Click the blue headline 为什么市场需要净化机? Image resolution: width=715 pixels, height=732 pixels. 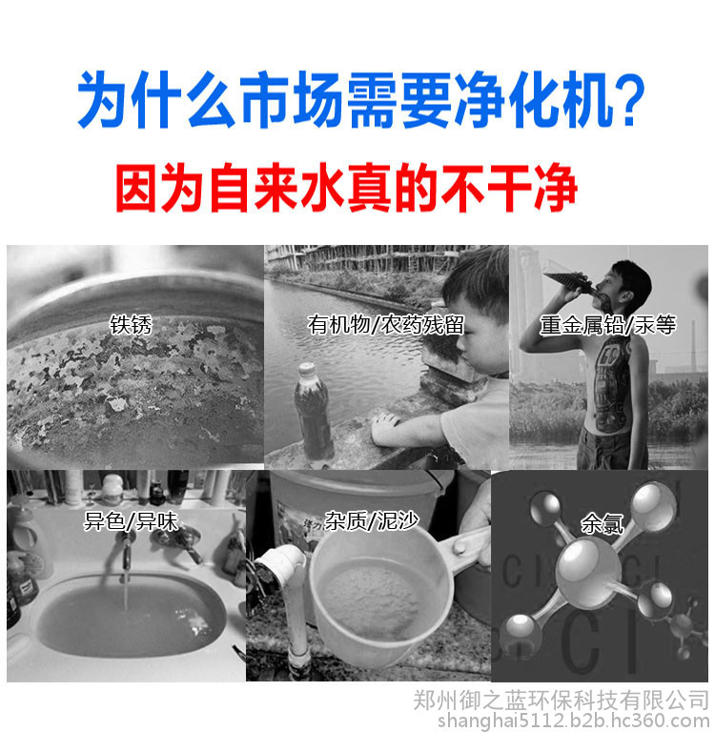click(360, 99)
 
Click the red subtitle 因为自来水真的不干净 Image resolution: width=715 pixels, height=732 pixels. click(346, 188)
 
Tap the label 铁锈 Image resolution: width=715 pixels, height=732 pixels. click(131, 325)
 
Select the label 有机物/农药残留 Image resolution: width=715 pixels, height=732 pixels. click(386, 325)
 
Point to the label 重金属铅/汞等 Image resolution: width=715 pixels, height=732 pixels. click(607, 325)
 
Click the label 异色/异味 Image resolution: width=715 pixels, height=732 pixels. click(131, 521)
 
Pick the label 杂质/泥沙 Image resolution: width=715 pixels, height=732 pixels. click(371, 520)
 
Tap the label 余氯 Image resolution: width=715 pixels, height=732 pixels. click(602, 523)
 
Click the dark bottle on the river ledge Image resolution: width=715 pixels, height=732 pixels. click(313, 412)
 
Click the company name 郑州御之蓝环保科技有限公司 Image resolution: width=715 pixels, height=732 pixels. click(561, 701)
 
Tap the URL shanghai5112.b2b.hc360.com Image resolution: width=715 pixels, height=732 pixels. click(573, 721)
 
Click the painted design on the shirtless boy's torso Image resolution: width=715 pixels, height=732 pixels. click(609, 383)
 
